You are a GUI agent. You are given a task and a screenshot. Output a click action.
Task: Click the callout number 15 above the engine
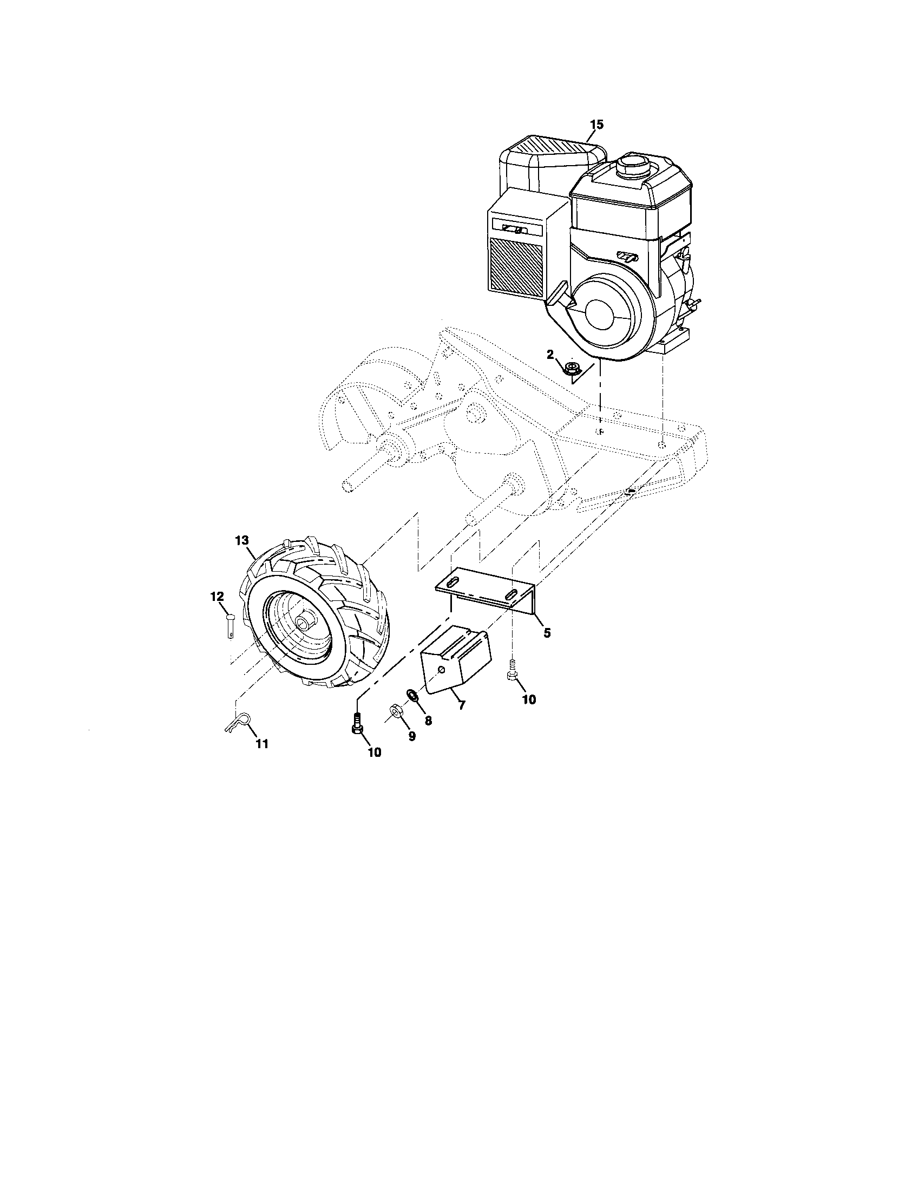tap(596, 125)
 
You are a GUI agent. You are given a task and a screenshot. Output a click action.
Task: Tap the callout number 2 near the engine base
tap(550, 355)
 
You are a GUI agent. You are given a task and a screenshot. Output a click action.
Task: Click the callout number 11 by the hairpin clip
tap(262, 744)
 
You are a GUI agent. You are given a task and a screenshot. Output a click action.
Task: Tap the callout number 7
tap(462, 705)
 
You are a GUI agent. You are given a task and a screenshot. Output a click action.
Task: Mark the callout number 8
tap(429, 721)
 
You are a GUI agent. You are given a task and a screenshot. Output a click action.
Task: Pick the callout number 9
tap(412, 736)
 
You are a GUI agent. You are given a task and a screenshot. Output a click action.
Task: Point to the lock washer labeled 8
tap(412, 696)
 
